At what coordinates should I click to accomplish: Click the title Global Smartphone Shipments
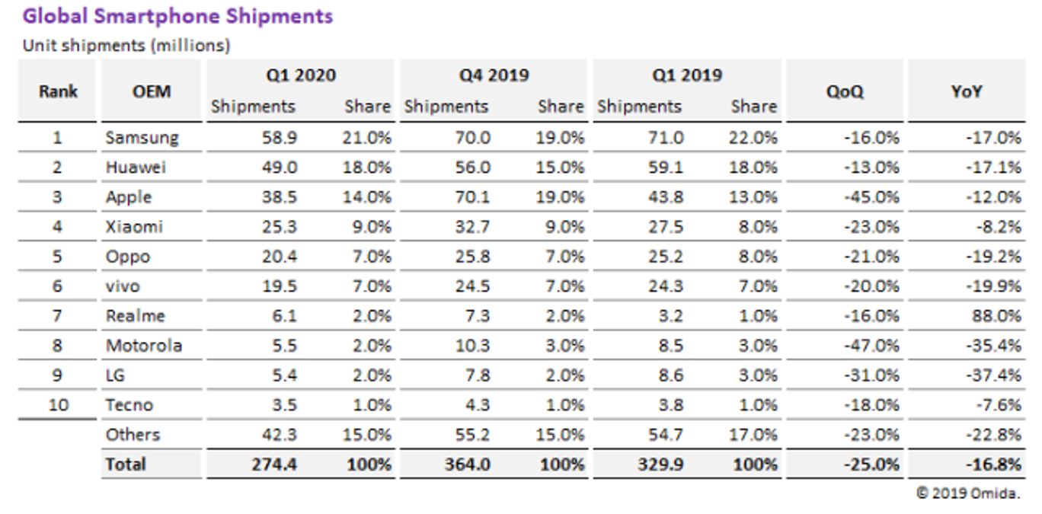click(x=177, y=16)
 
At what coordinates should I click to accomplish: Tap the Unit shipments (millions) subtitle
click(x=126, y=45)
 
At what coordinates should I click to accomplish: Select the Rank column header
click(x=58, y=91)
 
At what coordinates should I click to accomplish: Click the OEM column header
click(x=152, y=91)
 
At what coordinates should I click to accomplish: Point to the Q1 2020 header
click(x=301, y=75)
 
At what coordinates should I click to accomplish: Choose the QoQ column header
click(x=845, y=91)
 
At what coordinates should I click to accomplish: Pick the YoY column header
click(x=966, y=91)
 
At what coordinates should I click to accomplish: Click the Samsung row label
click(x=142, y=138)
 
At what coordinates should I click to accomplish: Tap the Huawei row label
click(x=136, y=168)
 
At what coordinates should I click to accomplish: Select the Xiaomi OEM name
click(x=134, y=227)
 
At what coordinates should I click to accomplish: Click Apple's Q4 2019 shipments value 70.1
click(x=472, y=197)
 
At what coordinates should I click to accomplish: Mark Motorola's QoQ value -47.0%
click(x=871, y=346)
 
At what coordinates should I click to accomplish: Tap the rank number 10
click(x=58, y=405)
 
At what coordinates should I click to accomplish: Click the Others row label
click(x=133, y=435)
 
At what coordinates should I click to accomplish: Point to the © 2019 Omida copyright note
click(x=967, y=493)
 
